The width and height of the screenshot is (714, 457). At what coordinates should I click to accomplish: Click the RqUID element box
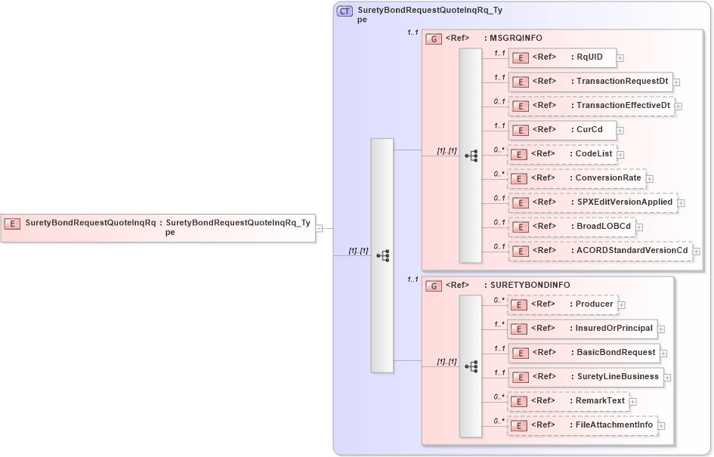pyautogui.click(x=562, y=57)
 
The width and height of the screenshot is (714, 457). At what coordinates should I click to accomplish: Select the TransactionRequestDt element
pyautogui.click(x=590, y=81)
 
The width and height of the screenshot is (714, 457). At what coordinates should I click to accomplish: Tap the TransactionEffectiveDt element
pyautogui.click(x=591, y=106)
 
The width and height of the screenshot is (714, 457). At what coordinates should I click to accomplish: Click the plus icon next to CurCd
pyautogui.click(x=620, y=130)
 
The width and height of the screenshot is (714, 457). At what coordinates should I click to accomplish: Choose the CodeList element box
pyautogui.click(x=562, y=154)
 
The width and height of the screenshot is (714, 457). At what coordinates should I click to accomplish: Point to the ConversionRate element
pyautogui.click(x=576, y=178)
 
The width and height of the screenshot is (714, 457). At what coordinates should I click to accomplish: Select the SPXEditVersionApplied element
pyautogui.click(x=592, y=202)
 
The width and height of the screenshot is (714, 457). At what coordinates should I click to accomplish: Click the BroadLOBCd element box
pyautogui.click(x=571, y=226)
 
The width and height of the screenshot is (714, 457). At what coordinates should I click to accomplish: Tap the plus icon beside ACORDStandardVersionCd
pyautogui.click(x=697, y=252)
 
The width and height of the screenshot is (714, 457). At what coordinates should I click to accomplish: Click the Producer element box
pyautogui.click(x=562, y=304)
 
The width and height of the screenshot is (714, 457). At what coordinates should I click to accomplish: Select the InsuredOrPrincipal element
pyautogui.click(x=582, y=329)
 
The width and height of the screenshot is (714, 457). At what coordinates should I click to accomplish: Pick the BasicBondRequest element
pyautogui.click(x=583, y=352)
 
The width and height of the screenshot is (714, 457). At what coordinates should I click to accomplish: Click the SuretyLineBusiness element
pyautogui.click(x=585, y=376)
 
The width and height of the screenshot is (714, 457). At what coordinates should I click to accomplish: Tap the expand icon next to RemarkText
pyautogui.click(x=633, y=402)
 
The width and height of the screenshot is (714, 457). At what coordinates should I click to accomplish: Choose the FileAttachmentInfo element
pyautogui.click(x=582, y=425)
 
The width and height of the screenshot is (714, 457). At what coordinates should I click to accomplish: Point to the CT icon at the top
pyautogui.click(x=345, y=11)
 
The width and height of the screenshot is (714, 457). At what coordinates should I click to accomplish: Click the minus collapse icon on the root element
pyautogui.click(x=320, y=227)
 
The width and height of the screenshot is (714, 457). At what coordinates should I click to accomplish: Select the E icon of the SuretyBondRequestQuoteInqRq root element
pyautogui.click(x=12, y=223)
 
